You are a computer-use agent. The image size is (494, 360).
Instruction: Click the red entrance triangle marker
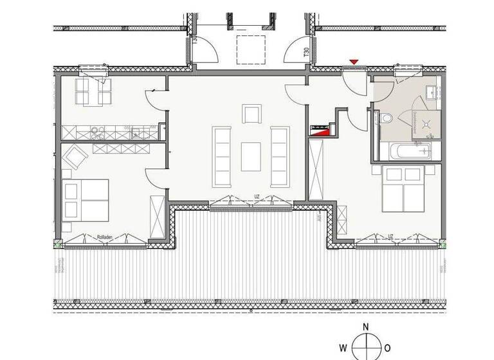[x=353, y=62]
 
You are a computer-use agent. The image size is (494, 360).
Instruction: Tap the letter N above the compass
[x=365, y=327]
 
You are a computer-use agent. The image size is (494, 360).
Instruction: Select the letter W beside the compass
[x=343, y=348]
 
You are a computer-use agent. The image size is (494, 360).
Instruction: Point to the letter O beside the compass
[x=388, y=348]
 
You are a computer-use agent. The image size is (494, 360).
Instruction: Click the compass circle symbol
[x=365, y=348]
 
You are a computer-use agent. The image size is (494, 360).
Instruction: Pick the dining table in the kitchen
[x=94, y=91]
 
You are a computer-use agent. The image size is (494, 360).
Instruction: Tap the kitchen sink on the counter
[x=138, y=133]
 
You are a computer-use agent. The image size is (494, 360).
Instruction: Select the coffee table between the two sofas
[x=251, y=156]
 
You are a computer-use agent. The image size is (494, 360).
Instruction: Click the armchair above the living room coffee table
[x=252, y=114]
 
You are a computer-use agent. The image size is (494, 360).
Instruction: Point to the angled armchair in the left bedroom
[x=75, y=156]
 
